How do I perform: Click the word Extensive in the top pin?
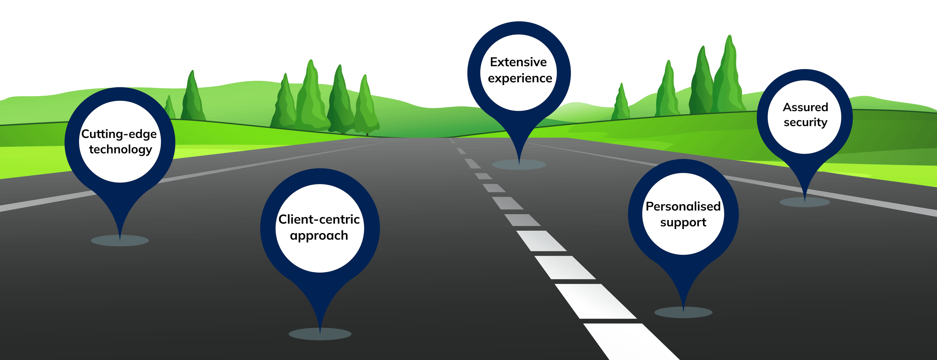pyautogui.click(x=518, y=62)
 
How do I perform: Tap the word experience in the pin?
pyautogui.click(x=520, y=79)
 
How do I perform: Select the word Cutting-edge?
pyautogui.click(x=119, y=134)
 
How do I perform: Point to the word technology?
pyautogui.click(x=120, y=150)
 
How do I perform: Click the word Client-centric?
pyautogui.click(x=319, y=219)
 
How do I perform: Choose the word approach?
pyautogui.click(x=319, y=236)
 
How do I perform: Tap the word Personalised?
pyautogui.click(x=683, y=206)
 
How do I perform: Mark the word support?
pyautogui.click(x=683, y=222)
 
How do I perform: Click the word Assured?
pyautogui.click(x=805, y=107)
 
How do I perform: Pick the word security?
pyautogui.click(x=805, y=122)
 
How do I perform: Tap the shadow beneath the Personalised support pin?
pyautogui.click(x=683, y=312)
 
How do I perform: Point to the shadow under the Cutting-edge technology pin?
pyautogui.click(x=120, y=241)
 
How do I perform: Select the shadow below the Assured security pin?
pyautogui.click(x=804, y=202)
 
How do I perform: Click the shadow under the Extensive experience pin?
pyautogui.click(x=519, y=165)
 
